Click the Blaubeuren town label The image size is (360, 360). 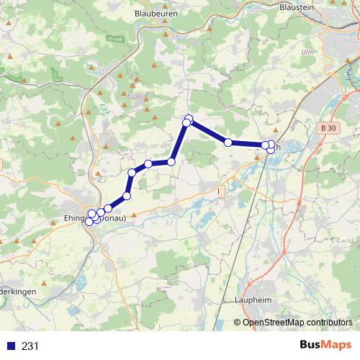click(x=157, y=13)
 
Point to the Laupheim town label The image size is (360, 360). click(x=253, y=299)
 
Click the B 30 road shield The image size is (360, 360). click(x=328, y=127)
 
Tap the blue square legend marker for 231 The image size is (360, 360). click(x=10, y=346)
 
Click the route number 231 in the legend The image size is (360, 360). click(x=30, y=346)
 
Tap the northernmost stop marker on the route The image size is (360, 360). click(x=189, y=118)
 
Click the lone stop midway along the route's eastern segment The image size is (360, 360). click(x=228, y=143)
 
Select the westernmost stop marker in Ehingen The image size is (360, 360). click(x=89, y=222)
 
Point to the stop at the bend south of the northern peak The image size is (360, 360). click(x=171, y=162)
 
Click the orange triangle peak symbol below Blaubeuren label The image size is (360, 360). click(x=165, y=34)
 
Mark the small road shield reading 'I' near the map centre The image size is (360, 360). click(x=221, y=191)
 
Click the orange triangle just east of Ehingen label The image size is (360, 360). click(x=133, y=213)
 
